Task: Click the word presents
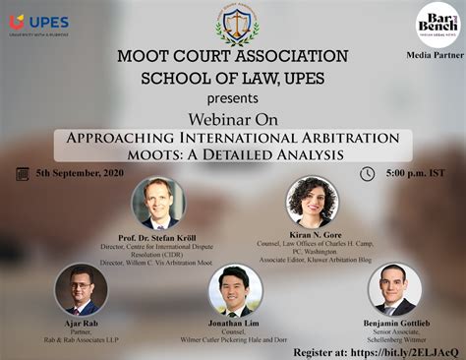[233, 99]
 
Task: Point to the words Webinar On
[233, 120]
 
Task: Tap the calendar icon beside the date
[22, 174]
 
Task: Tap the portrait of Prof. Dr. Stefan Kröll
[157, 202]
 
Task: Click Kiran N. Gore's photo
[312, 202]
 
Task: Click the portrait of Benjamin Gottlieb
[394, 288]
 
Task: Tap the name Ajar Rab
[80, 323]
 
